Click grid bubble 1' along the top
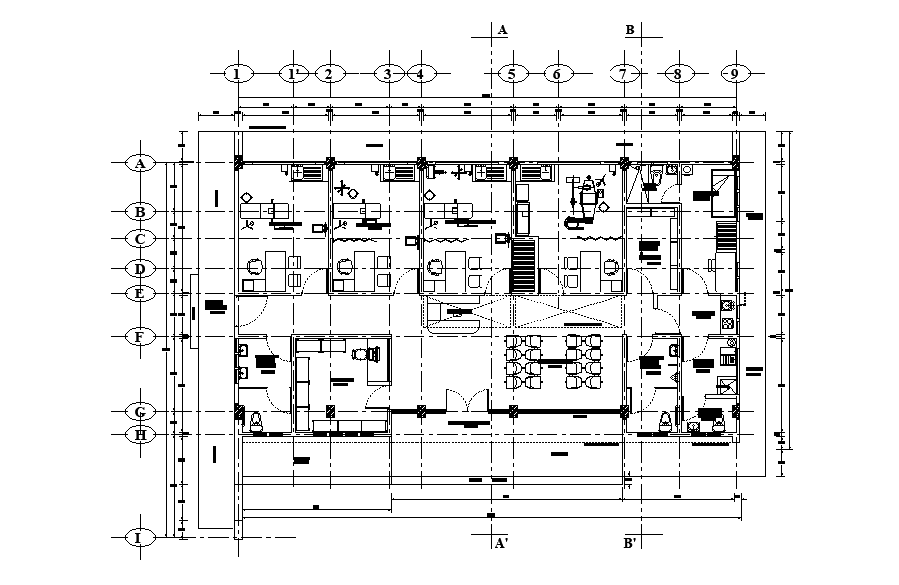click(x=293, y=74)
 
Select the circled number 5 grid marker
click(x=511, y=74)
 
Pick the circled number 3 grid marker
click(x=388, y=74)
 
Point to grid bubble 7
click(x=623, y=74)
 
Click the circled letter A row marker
click(x=140, y=163)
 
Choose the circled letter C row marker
click(x=140, y=239)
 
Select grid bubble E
click(x=140, y=292)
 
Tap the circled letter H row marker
click(x=140, y=433)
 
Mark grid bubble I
click(x=140, y=537)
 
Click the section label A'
click(x=501, y=543)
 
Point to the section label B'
click(x=631, y=543)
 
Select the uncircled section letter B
click(x=630, y=31)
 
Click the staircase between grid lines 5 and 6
click(x=523, y=266)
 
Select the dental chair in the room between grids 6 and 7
click(x=589, y=198)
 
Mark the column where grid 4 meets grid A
click(x=421, y=162)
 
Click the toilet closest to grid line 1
click(x=257, y=422)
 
